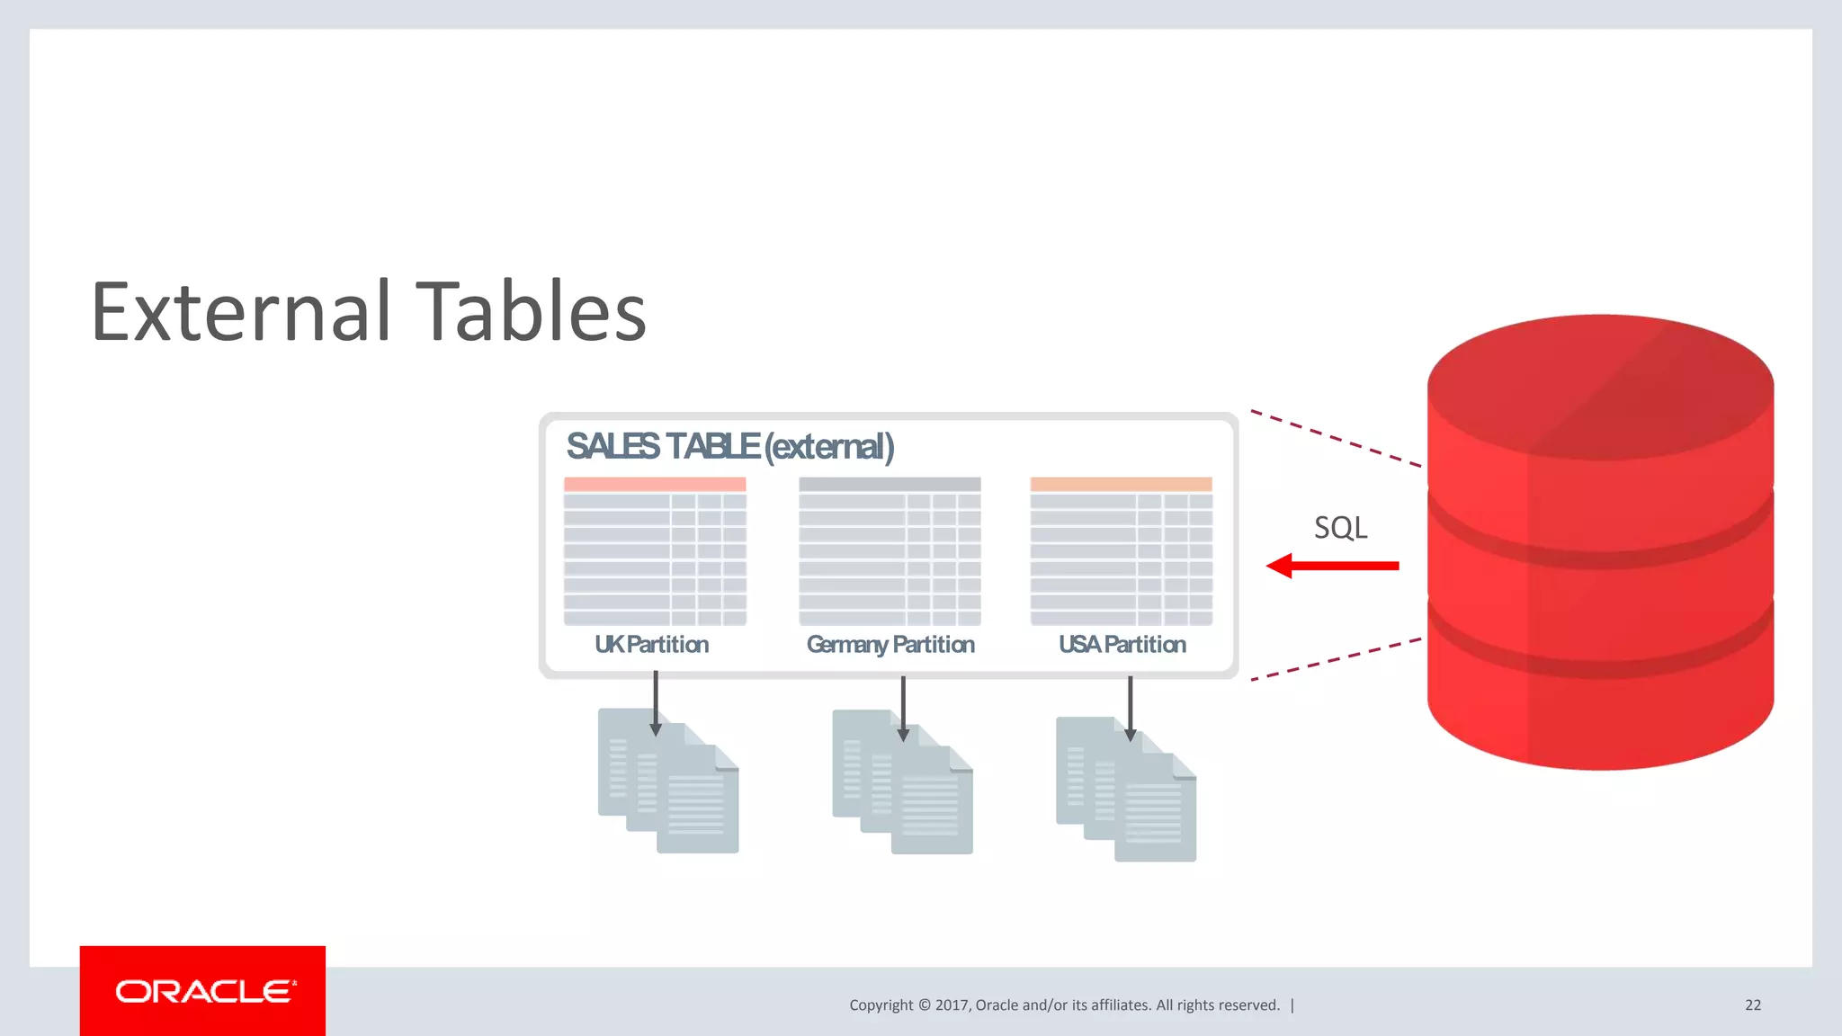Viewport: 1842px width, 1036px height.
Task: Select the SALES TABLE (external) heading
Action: click(729, 446)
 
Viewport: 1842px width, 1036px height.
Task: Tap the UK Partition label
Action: click(651, 644)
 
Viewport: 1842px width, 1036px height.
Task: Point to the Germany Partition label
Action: click(890, 644)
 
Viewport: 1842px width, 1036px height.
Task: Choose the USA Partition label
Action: click(1122, 644)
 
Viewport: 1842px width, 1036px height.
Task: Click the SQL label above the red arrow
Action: click(1340, 527)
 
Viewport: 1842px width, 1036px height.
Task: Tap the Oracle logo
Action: click(203, 991)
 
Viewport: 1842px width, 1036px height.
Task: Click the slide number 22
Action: click(1753, 1005)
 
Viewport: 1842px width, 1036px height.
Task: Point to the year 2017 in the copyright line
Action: click(952, 1005)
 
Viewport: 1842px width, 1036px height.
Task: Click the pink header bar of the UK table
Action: click(655, 484)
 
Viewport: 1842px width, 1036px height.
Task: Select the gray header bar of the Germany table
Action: click(890, 484)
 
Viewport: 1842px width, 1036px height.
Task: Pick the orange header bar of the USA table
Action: click(1121, 484)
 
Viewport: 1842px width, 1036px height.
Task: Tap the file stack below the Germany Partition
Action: click(902, 782)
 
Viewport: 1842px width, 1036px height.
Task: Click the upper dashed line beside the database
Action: click(1336, 439)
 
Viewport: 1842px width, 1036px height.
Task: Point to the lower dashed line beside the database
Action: click(1336, 659)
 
